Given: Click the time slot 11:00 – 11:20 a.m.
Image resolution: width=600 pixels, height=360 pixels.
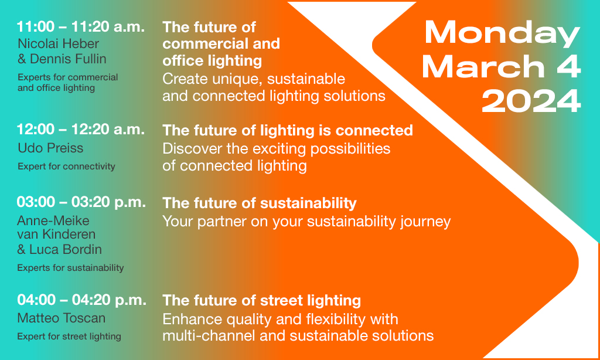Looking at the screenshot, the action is pos(81,27).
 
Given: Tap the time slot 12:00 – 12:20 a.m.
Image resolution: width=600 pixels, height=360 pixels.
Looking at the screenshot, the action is pos(81,130).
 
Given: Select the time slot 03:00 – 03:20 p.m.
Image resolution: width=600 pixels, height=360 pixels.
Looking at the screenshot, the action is pos(81,202).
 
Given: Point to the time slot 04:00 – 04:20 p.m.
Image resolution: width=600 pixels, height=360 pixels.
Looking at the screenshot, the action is pos(81,300).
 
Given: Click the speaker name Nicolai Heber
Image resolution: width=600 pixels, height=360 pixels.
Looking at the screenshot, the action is pos(58,43).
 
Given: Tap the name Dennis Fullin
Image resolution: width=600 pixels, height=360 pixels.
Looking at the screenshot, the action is pos(68,59).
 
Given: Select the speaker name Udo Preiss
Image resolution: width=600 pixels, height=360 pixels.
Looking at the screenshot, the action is pos(50,148).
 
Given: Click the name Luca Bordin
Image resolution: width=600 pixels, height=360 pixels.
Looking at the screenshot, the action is pos(66,249).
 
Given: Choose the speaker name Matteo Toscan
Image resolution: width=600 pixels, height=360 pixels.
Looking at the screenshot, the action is pos(61,318).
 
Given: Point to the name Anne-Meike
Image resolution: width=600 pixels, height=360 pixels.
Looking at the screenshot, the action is pos(53,220).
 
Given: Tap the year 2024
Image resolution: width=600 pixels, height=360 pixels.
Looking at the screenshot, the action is pos(531,101).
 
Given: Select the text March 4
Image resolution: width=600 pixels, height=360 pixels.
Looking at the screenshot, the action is pos(502,67).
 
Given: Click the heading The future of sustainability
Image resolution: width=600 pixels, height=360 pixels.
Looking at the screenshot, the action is pos(260,203).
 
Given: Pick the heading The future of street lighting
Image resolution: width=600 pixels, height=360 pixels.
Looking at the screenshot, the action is pos(262,301).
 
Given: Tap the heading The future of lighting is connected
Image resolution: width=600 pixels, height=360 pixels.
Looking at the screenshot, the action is pos(288,131).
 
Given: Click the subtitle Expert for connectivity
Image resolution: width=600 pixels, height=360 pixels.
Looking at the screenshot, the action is pos(66,166).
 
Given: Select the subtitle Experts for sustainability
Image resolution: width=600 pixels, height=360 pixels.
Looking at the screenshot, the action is pos(70,268).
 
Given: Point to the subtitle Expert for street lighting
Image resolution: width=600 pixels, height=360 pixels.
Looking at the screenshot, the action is pos(69,337).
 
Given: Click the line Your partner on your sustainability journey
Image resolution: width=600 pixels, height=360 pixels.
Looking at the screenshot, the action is pos(306,222).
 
